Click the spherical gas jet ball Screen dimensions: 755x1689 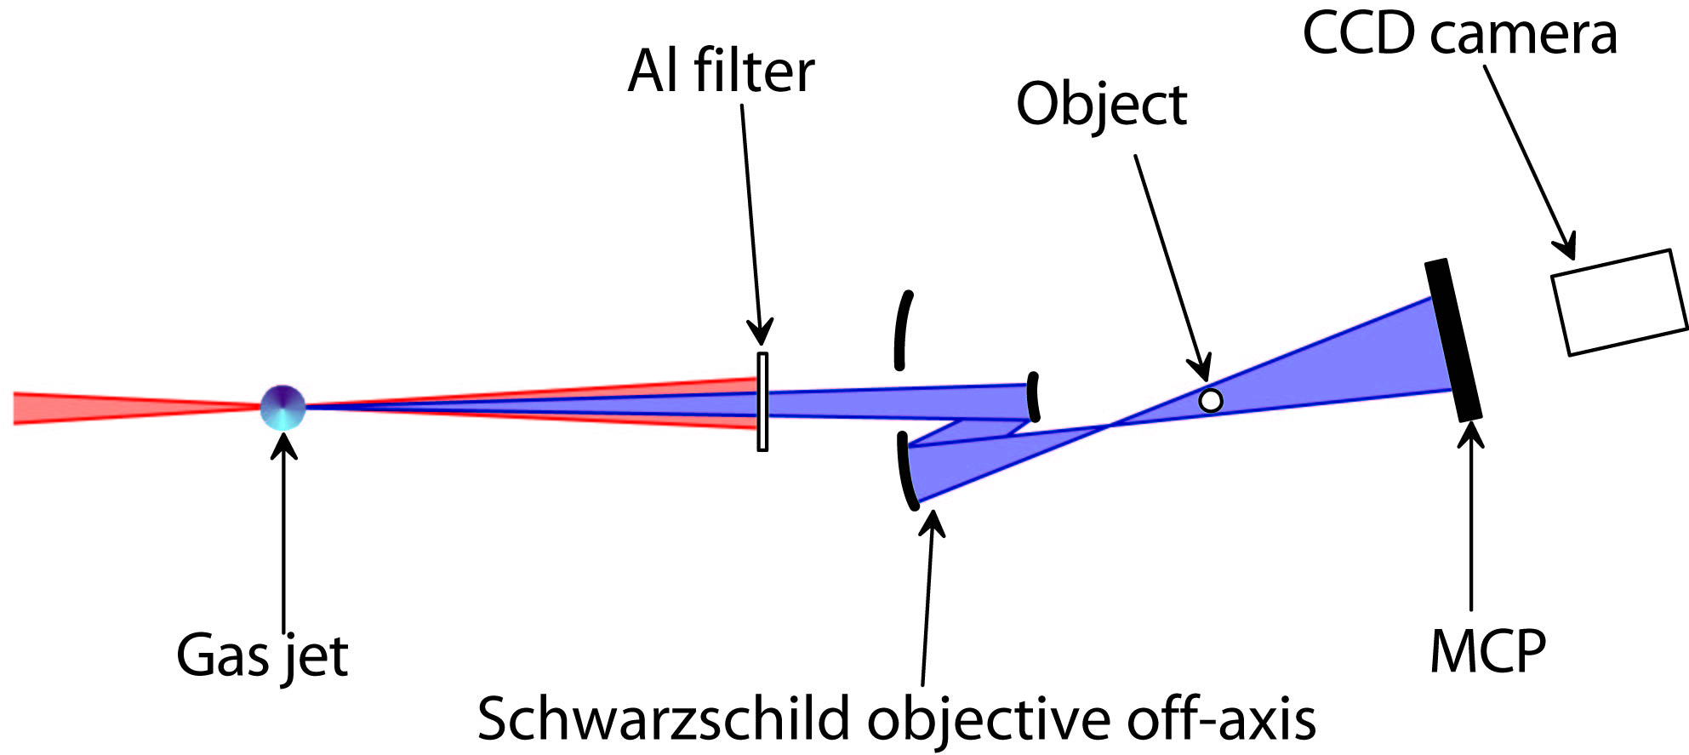(283, 407)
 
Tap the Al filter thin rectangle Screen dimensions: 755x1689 (762, 402)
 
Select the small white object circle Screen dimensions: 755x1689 (1210, 400)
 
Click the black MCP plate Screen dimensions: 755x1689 (1453, 340)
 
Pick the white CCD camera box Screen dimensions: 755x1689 (1618, 302)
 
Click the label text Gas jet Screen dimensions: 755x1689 (262, 655)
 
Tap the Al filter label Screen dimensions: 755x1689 (721, 71)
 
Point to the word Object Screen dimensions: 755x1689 (1101, 105)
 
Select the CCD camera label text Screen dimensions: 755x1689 (1459, 34)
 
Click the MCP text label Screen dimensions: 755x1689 (1487, 652)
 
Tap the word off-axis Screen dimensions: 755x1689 (1222, 719)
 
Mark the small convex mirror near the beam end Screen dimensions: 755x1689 (1033, 398)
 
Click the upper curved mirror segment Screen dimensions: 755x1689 (903, 329)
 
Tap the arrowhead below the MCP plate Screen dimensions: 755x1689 (1470, 435)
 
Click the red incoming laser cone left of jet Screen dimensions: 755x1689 (128, 408)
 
